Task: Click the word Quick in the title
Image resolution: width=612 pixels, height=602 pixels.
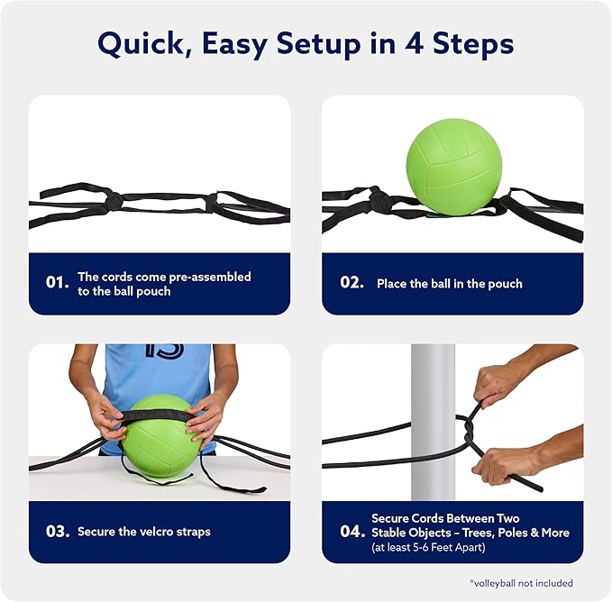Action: point(141,44)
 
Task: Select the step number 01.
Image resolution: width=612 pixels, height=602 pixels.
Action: point(57,282)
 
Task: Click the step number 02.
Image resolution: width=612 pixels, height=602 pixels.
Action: point(352,282)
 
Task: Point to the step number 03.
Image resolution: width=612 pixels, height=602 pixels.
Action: point(58,531)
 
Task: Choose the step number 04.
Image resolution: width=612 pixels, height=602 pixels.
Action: point(352,531)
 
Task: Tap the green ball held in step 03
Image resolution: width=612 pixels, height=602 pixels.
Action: point(158,438)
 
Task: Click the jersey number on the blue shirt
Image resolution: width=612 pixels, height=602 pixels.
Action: point(164,350)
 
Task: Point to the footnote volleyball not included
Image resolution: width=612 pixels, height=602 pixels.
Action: point(522,583)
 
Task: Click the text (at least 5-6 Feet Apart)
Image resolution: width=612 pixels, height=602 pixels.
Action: point(428,547)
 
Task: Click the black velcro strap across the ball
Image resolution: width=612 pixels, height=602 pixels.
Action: point(158,415)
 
